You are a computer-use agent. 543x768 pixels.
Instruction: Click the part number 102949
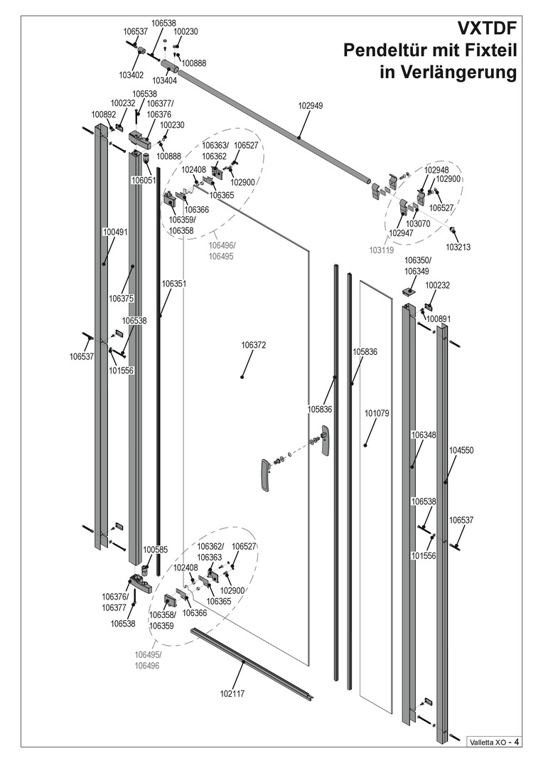click(310, 105)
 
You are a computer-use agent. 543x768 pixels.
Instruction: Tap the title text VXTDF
click(486, 29)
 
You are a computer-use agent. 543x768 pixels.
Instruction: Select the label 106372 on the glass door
click(253, 345)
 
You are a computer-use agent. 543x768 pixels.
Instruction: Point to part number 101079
click(377, 412)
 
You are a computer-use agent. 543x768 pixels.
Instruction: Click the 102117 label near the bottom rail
click(232, 693)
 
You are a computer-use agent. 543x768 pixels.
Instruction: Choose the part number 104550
click(461, 450)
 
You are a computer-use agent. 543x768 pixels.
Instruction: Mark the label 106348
click(424, 434)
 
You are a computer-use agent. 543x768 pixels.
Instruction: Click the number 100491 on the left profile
click(115, 232)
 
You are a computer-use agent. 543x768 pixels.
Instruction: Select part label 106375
click(122, 298)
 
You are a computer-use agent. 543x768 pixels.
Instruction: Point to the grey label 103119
click(380, 250)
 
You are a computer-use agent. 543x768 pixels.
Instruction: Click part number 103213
click(458, 247)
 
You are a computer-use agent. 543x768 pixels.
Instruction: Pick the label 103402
click(131, 74)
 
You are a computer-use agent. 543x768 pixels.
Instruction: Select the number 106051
click(144, 181)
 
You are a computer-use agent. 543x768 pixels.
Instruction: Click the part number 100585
click(155, 550)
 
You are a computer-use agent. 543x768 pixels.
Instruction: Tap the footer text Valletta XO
click(486, 742)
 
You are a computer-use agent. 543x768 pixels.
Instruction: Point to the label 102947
click(401, 233)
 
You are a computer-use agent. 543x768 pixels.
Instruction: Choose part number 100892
click(103, 114)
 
